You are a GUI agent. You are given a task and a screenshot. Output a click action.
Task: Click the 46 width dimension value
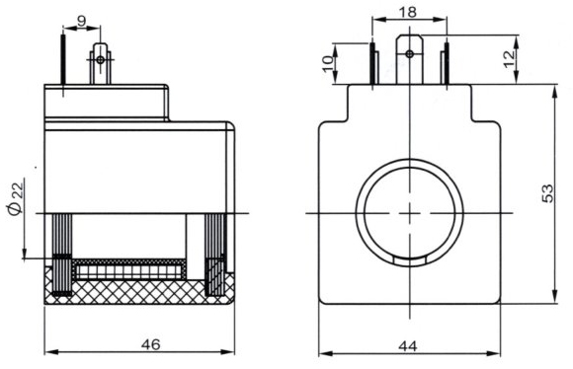[x=151, y=344]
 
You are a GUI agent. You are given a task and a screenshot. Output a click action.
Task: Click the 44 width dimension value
[x=408, y=345]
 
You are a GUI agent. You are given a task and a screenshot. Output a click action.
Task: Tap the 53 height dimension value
[x=547, y=193]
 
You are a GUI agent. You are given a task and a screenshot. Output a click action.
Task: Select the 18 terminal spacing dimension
[x=408, y=12]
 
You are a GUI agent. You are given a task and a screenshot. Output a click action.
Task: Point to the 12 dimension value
[x=509, y=59]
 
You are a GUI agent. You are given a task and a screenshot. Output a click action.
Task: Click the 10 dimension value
[x=329, y=64]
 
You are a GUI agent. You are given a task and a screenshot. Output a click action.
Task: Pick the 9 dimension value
[x=81, y=21]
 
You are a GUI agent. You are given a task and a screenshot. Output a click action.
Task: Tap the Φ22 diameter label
[x=16, y=198]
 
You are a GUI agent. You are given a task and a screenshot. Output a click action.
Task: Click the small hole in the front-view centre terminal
[x=410, y=54]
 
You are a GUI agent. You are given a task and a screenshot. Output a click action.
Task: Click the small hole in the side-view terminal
[x=100, y=59]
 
